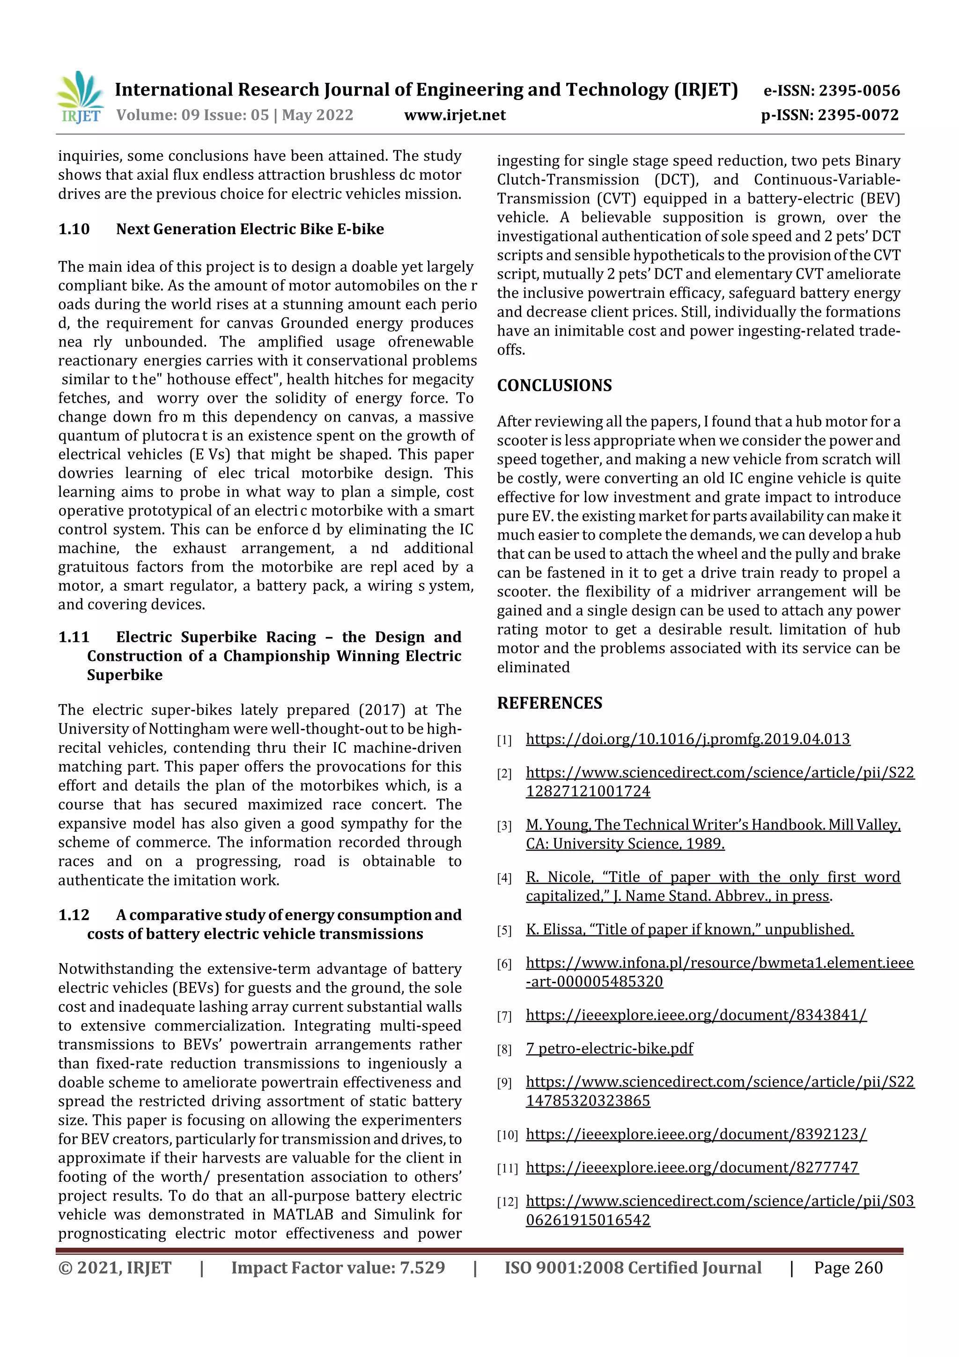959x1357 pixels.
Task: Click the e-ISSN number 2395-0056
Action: [858, 91]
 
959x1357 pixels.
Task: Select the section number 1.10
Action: [74, 230]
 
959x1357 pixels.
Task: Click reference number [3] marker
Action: [503, 826]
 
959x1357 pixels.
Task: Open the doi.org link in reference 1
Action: [687, 739]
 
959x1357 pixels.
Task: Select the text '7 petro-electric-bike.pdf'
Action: [609, 1048]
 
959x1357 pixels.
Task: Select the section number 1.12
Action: [74, 915]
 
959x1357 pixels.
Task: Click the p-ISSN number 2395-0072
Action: [857, 115]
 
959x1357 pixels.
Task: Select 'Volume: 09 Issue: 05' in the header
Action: [192, 115]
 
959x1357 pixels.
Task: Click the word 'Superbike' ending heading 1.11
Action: [125, 675]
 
